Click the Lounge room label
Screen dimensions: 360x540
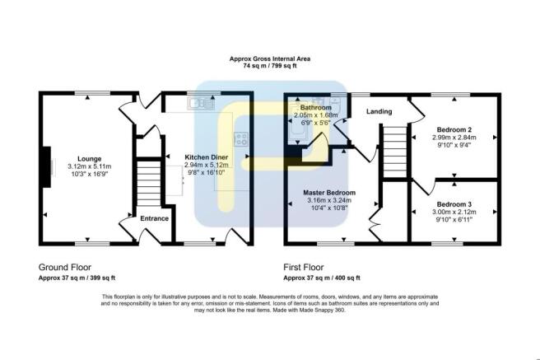88,158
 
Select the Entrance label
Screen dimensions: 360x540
154,218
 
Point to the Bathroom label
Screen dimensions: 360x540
315,108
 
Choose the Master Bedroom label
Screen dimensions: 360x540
328,191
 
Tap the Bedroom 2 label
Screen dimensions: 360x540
454,129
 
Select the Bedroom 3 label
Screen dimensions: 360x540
454,203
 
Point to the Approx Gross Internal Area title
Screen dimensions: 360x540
269,58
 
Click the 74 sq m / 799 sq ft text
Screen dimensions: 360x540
269,67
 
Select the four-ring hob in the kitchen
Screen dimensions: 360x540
243,139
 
